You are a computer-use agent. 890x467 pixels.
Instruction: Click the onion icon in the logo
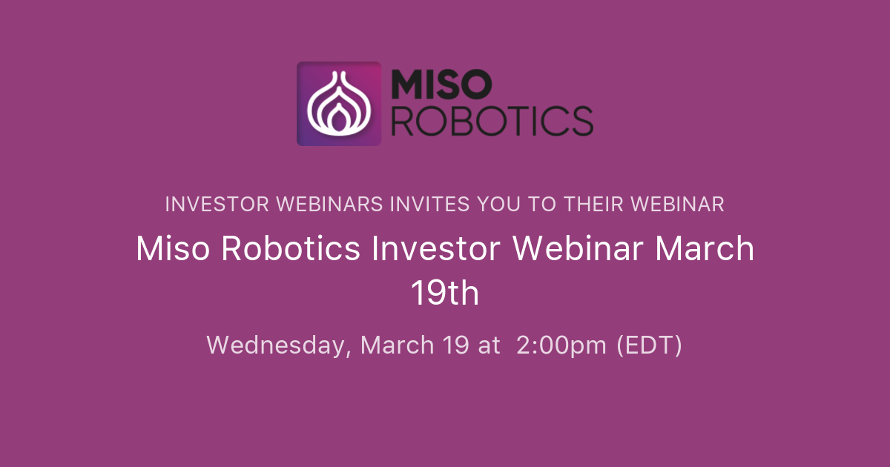pos(338,104)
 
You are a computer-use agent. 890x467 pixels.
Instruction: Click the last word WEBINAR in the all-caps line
pos(681,205)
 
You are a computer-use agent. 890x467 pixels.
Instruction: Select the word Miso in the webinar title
pos(174,249)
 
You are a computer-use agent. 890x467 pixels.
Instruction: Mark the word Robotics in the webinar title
pos(291,249)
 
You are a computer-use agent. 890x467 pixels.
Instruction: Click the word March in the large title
pos(704,249)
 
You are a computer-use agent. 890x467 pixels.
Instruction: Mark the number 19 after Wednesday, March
pos(455,345)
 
